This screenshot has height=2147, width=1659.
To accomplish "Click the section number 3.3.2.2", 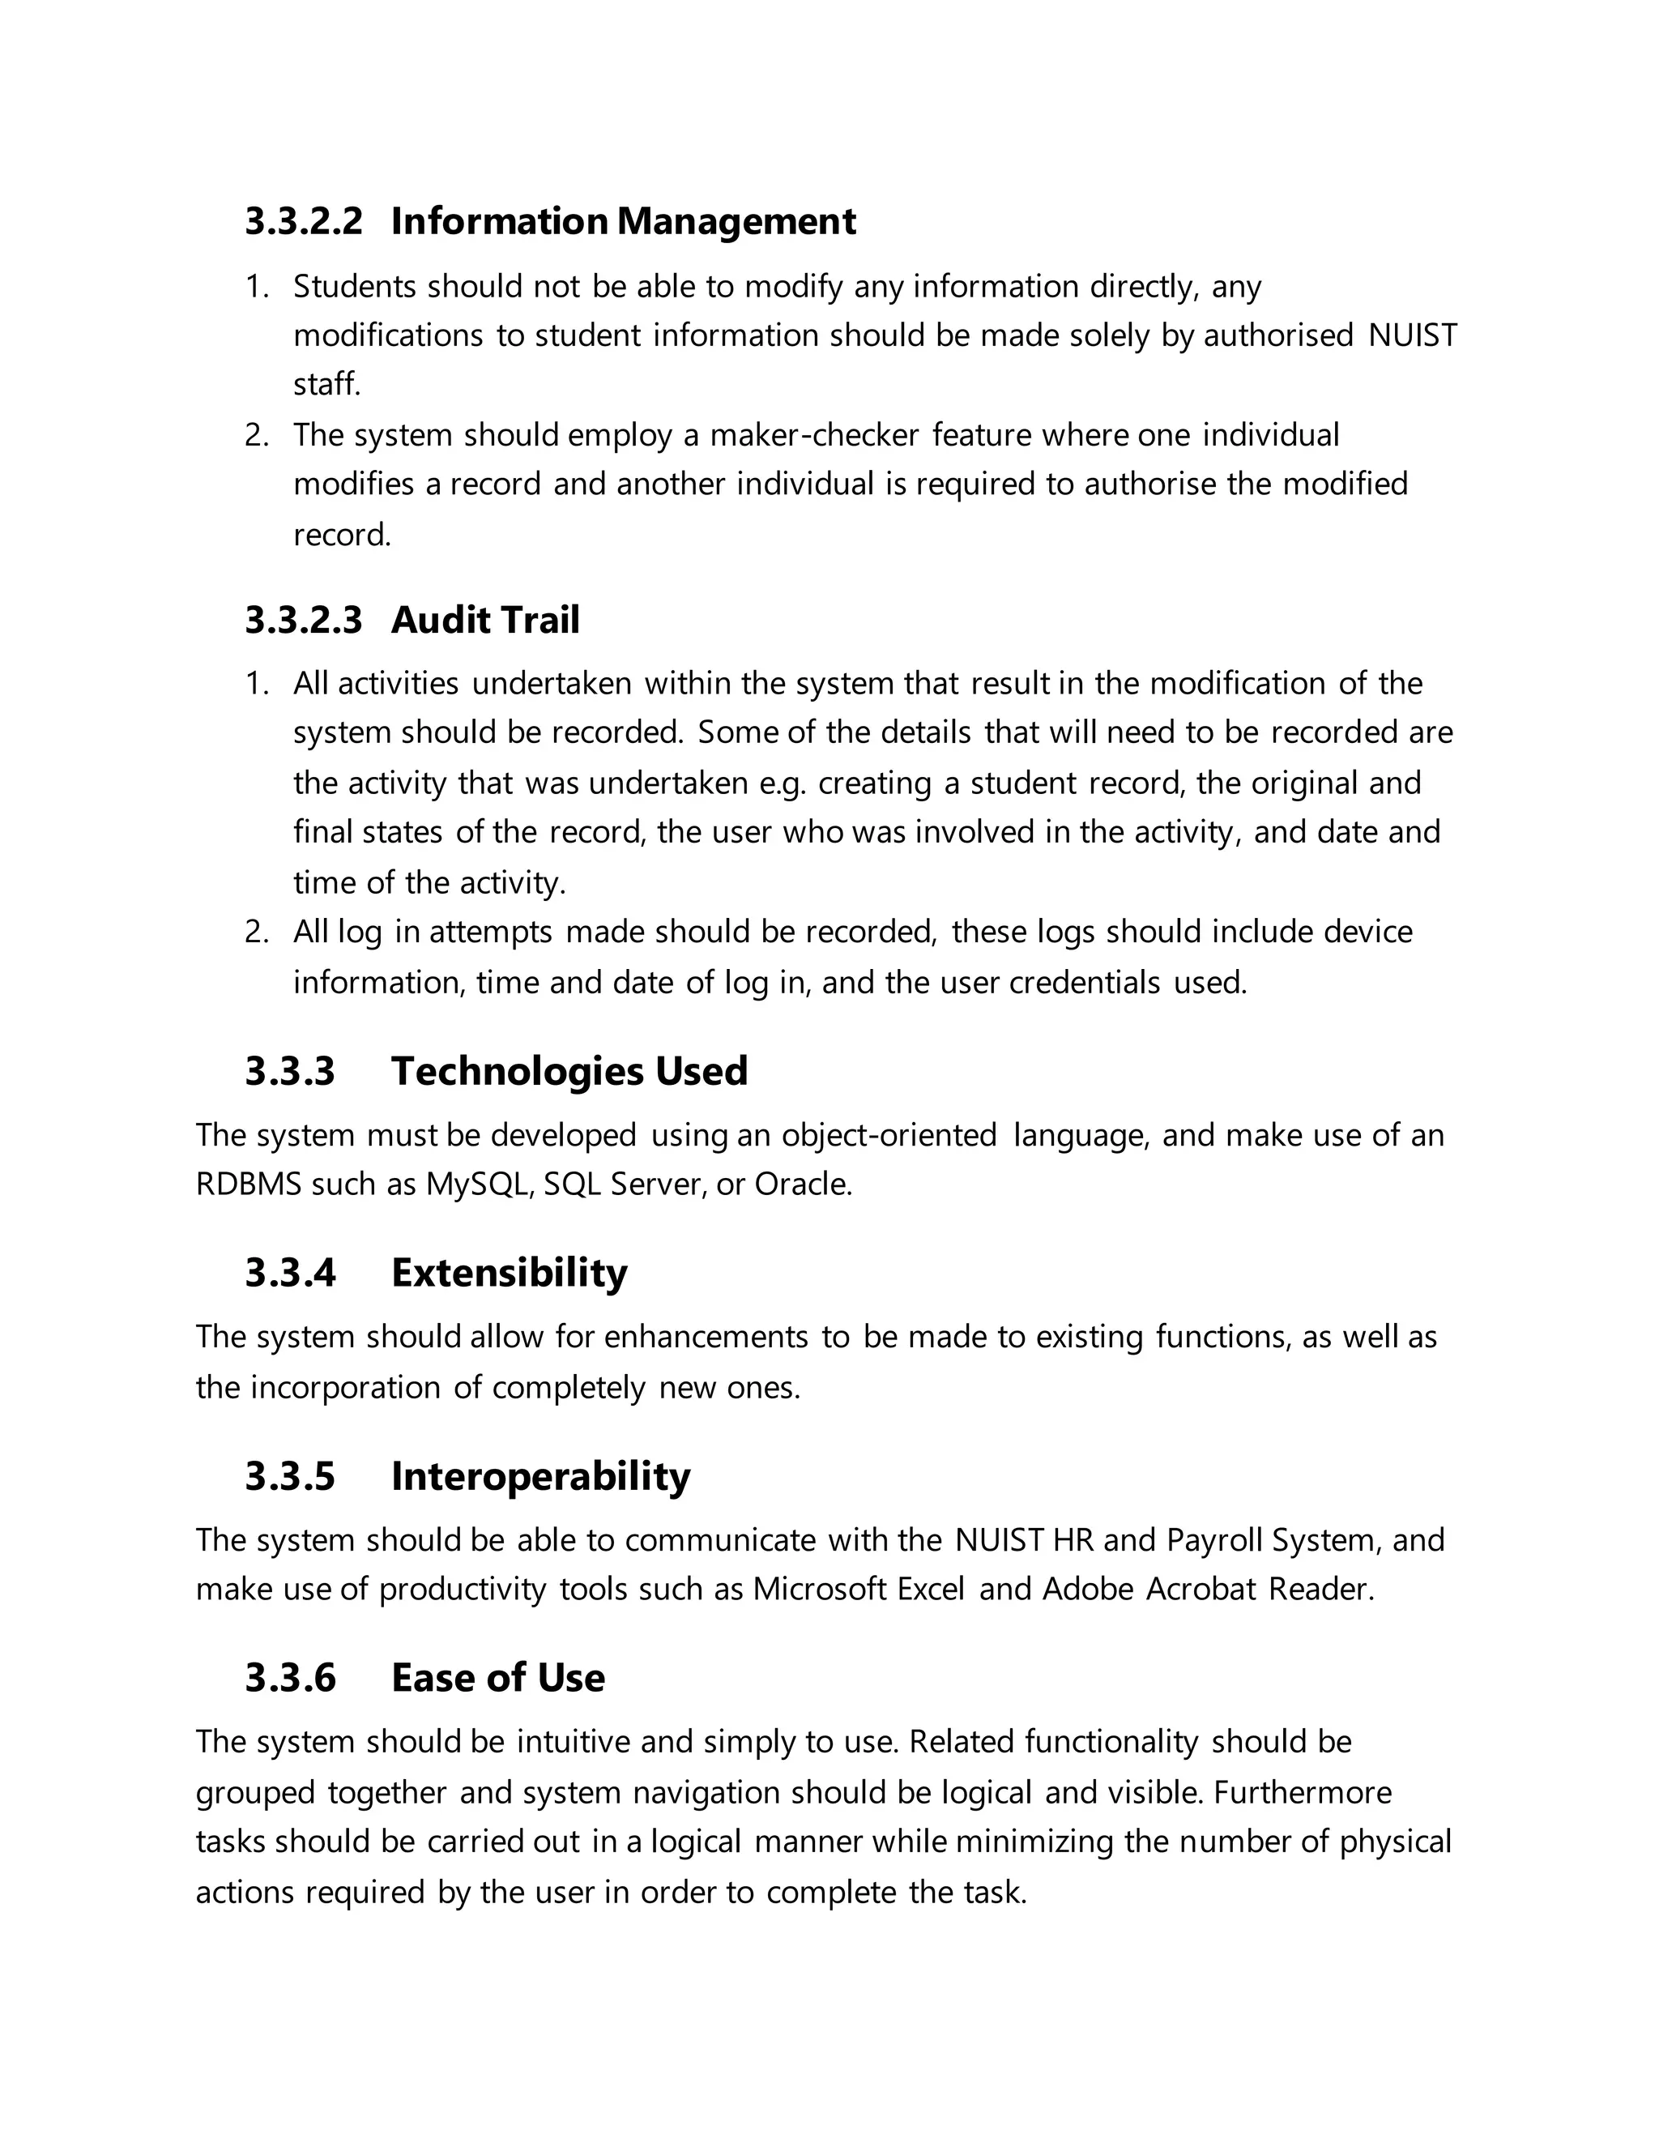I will pyautogui.click(x=303, y=221).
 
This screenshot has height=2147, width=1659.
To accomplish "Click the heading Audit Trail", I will pyautogui.click(x=484, y=621).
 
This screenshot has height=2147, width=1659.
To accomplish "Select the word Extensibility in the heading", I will pyautogui.click(x=508, y=1272).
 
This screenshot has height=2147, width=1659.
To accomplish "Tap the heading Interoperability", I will pyautogui.click(x=539, y=1475).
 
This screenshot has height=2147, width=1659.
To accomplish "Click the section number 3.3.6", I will pyautogui.click(x=290, y=1677).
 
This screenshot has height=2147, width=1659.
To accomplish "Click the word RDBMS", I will pyautogui.click(x=249, y=1184).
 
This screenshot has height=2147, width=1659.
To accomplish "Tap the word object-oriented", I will pyautogui.click(x=889, y=1135).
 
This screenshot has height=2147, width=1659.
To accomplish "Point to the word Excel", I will pyautogui.click(x=930, y=1590).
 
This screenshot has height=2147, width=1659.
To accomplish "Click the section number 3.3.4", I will pyautogui.click(x=290, y=1272).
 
